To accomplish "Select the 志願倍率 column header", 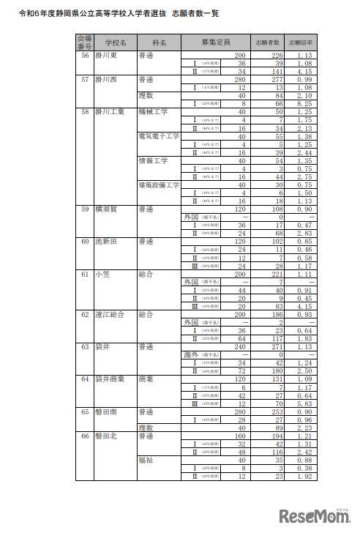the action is point(299,43).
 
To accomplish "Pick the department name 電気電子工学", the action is point(158,136).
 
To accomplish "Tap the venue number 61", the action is point(85,273).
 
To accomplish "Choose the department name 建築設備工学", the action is point(158,184).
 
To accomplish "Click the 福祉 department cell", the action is point(146,459).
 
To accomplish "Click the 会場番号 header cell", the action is point(85,43).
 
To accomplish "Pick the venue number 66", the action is point(85,435).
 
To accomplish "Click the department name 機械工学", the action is point(153,112).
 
